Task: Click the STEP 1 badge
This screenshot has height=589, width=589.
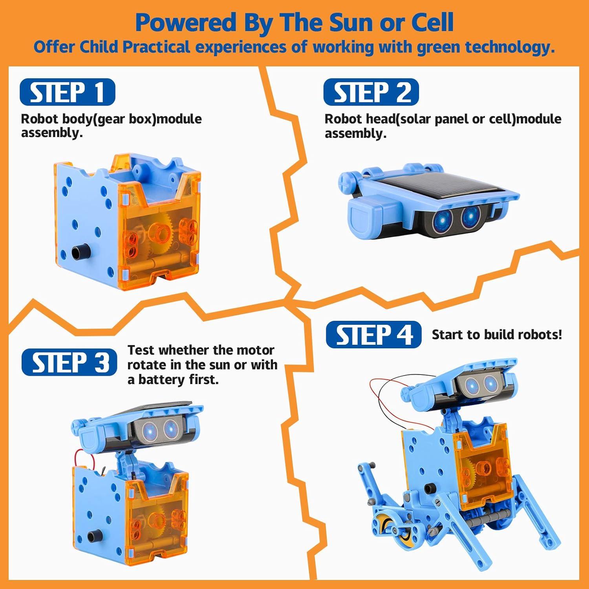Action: [67, 92]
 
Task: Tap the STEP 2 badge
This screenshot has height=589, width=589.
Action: [371, 92]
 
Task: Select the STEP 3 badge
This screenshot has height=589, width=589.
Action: [69, 362]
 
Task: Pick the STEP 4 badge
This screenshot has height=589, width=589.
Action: [373, 335]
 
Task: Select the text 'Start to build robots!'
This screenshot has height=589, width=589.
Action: [497, 335]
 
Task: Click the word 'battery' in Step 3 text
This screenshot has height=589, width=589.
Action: [161, 380]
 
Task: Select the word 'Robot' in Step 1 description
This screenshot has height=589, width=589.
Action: [39, 119]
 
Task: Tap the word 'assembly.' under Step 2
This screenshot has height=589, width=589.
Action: [355, 134]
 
